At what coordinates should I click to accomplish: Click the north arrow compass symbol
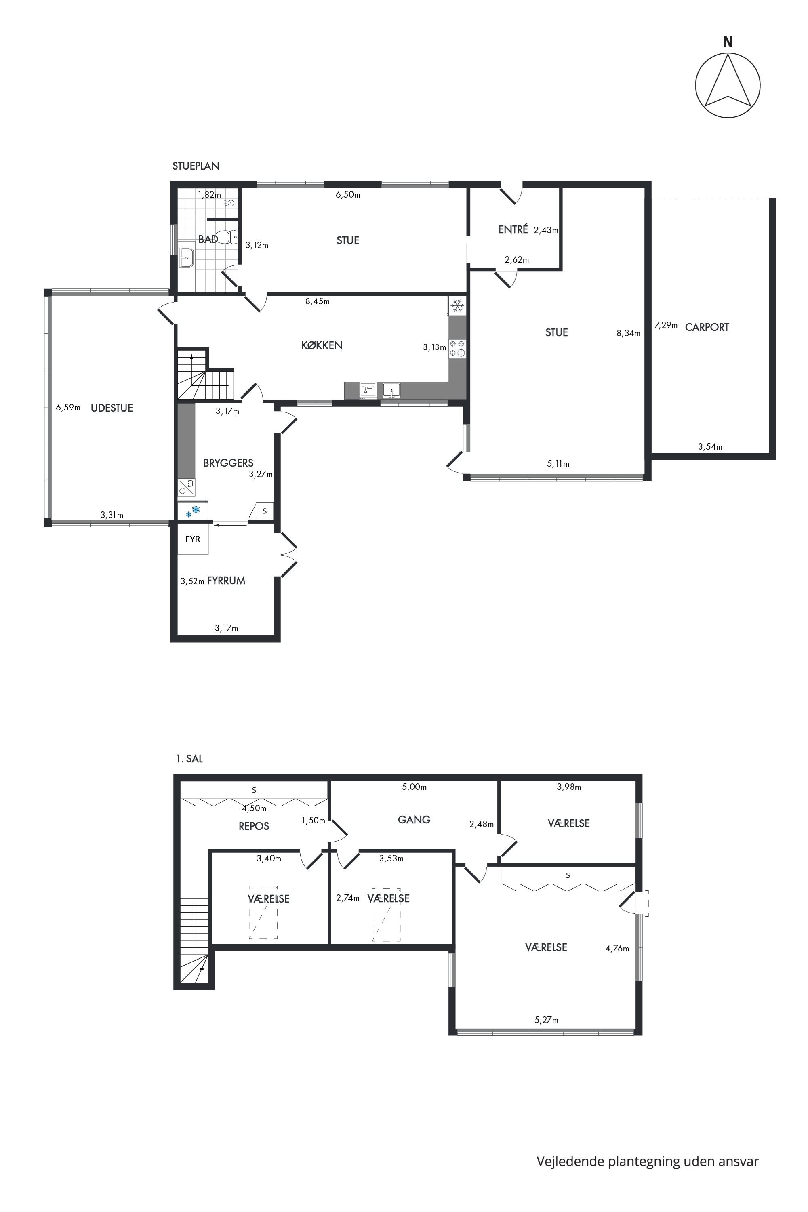[x=728, y=85]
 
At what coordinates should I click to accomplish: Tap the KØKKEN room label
[x=322, y=345]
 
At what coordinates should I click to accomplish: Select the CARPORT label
[x=707, y=327]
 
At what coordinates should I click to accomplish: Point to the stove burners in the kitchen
[x=457, y=348]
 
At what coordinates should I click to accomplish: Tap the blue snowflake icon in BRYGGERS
[x=193, y=511]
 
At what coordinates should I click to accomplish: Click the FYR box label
[x=193, y=539]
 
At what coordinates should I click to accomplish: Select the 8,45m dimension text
[x=318, y=301]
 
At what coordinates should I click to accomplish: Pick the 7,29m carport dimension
[x=666, y=325]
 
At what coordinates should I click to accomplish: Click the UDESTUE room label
[x=112, y=408]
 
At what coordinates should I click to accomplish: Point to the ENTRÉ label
[x=513, y=229]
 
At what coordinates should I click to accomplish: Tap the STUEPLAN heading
[x=196, y=166]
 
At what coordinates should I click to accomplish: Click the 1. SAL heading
[x=189, y=759]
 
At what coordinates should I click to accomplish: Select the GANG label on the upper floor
[x=415, y=819]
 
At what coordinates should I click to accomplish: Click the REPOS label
[x=254, y=826]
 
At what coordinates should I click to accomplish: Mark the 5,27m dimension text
[x=546, y=1020]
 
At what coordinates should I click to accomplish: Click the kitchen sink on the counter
[x=391, y=391]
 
